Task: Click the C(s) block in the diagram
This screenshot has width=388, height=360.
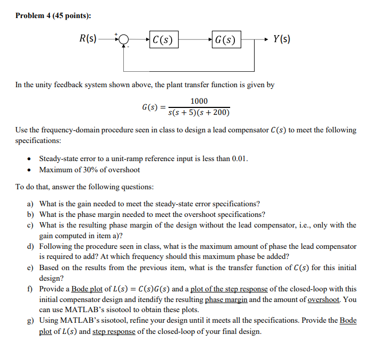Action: (x=163, y=39)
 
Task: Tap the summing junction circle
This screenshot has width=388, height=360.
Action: (x=124, y=39)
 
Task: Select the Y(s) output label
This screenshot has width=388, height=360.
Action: (x=281, y=38)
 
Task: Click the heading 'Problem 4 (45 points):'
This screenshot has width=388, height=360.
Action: (x=53, y=15)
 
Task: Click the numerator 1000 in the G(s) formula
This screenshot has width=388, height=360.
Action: (x=199, y=102)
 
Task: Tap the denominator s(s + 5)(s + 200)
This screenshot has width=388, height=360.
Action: (x=199, y=113)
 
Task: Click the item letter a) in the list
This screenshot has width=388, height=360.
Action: (x=31, y=204)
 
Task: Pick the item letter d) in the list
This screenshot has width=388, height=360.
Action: (x=31, y=246)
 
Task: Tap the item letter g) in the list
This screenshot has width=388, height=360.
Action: (x=31, y=321)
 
